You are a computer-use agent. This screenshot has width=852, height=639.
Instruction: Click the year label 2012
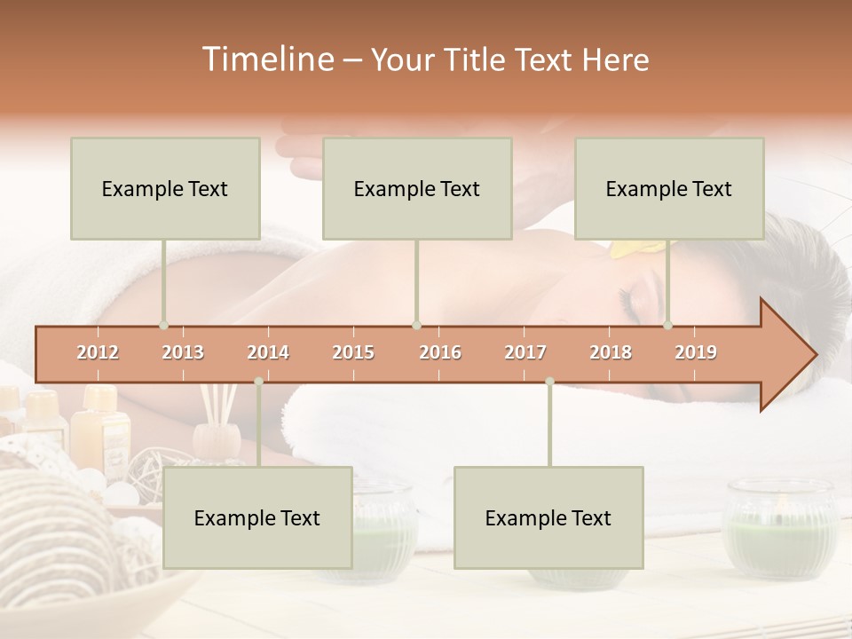click(98, 352)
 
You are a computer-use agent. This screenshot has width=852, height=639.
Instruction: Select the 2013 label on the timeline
click(183, 352)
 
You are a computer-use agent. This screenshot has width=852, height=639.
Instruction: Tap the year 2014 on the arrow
click(268, 352)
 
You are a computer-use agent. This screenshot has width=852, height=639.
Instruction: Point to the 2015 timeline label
click(353, 352)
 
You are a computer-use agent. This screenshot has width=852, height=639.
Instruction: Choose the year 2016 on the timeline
click(440, 352)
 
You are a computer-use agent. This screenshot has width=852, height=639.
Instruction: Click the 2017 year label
click(525, 352)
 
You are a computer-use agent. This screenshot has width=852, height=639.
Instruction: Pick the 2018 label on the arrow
click(611, 352)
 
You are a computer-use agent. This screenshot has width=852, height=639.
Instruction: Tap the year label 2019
click(696, 352)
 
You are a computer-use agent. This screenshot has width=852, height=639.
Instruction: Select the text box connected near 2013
click(165, 188)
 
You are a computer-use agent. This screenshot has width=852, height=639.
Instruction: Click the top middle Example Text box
click(417, 188)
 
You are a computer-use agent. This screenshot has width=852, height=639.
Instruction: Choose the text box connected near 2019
click(669, 188)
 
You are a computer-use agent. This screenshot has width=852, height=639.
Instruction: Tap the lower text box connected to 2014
click(257, 517)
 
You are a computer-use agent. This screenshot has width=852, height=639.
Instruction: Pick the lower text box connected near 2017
click(548, 517)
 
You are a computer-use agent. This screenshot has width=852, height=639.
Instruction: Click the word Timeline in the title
click(266, 59)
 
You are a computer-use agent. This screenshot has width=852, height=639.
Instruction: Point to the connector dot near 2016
click(416, 325)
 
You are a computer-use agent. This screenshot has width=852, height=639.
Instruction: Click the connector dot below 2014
click(258, 382)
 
